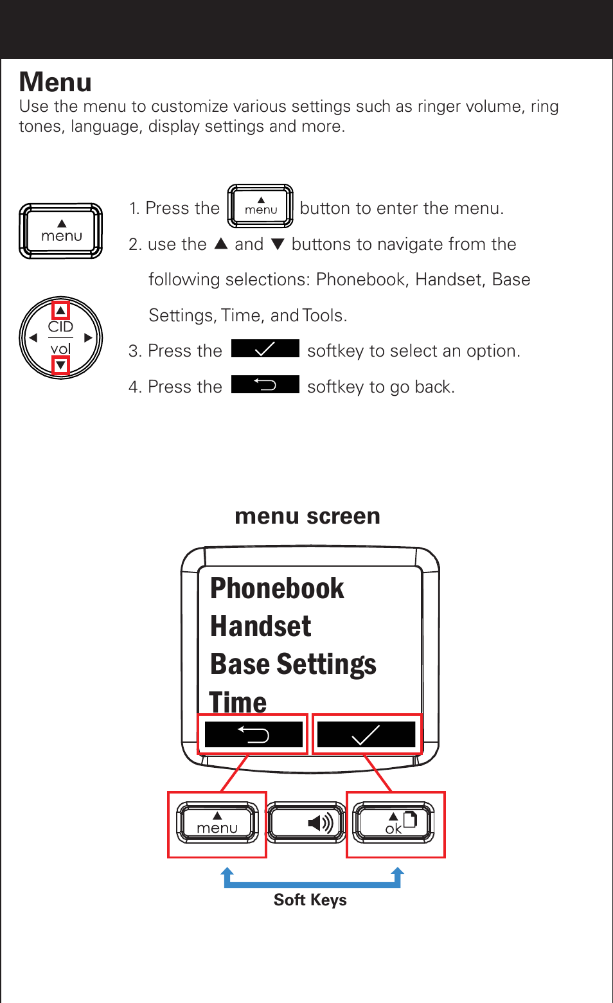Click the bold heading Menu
click(x=55, y=82)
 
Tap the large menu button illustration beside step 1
click(x=61, y=231)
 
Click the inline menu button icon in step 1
click(x=260, y=206)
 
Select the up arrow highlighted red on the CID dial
click(x=60, y=311)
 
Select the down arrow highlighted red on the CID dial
click(x=60, y=366)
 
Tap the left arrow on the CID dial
click(x=33, y=337)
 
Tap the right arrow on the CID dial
click(x=88, y=337)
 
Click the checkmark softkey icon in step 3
click(x=265, y=348)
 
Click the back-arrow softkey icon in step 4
click(x=265, y=384)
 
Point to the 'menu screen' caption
click(x=307, y=516)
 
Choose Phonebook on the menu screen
click(x=277, y=589)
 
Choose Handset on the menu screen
click(x=260, y=626)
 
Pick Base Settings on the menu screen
click(x=293, y=664)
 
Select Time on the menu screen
click(x=238, y=702)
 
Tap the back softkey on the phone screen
click(x=253, y=734)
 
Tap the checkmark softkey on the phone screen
click(x=366, y=734)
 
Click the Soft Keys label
click(x=310, y=900)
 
